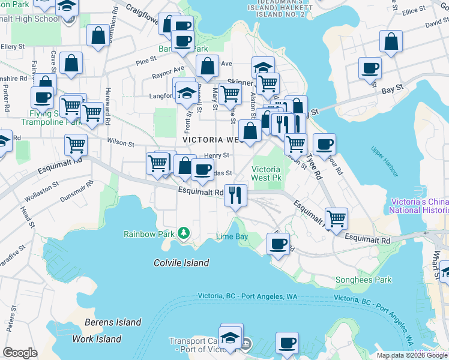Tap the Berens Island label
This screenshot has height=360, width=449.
[x=113, y=322]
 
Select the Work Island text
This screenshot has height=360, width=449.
[x=97, y=339]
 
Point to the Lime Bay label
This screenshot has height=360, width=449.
[x=232, y=237]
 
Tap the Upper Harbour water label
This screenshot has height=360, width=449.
[x=384, y=161]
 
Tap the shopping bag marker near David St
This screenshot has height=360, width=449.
[x=391, y=42]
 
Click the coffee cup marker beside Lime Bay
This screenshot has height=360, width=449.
[x=278, y=244]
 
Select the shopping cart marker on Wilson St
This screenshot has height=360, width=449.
[x=76, y=144]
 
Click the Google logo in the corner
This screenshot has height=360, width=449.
[x=20, y=353]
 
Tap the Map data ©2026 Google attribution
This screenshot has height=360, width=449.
[x=412, y=355]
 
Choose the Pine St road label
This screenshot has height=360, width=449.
[x=145, y=62]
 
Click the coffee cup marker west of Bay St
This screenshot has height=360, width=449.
[x=370, y=67]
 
